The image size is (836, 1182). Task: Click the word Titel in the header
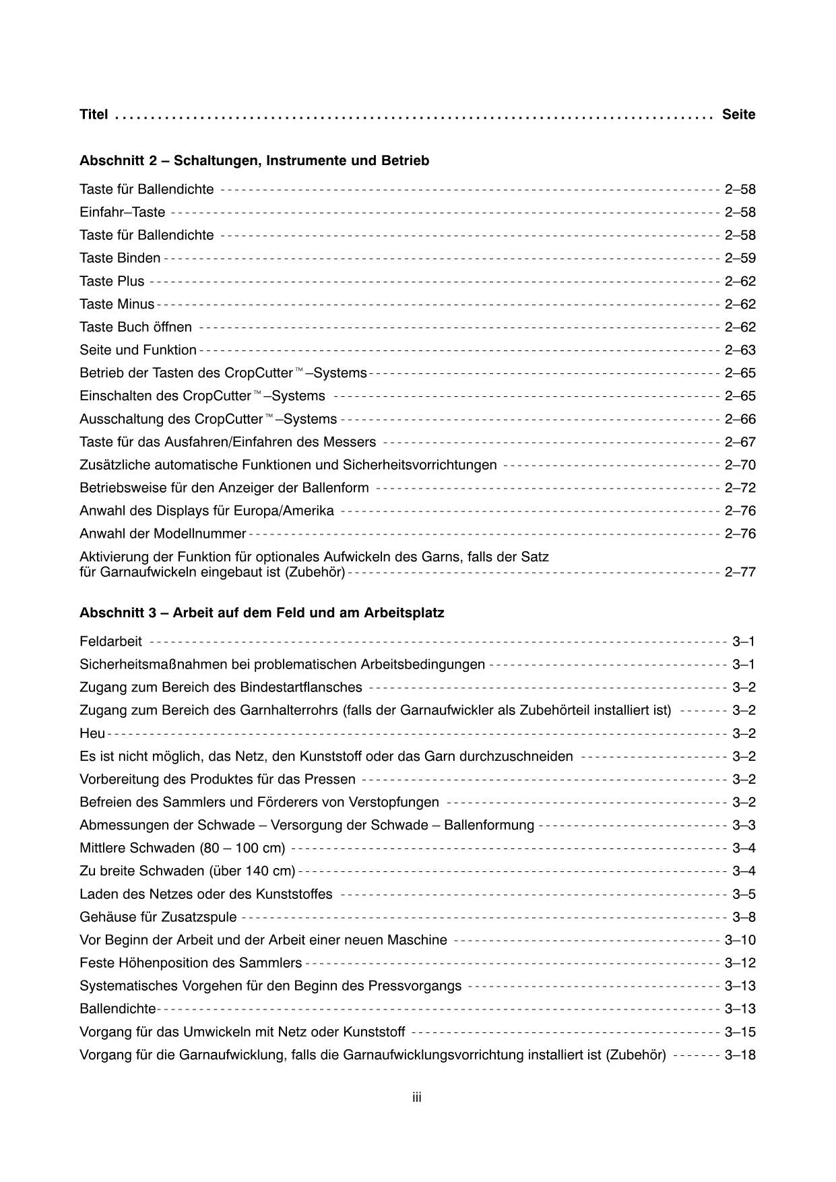(x=94, y=115)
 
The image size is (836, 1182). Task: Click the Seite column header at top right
(x=738, y=115)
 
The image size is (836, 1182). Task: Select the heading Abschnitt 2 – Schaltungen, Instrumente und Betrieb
(x=254, y=161)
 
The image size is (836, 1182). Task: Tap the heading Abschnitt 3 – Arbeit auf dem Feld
(x=261, y=613)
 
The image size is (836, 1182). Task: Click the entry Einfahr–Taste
(x=122, y=213)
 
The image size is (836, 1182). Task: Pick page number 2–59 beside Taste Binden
(x=740, y=259)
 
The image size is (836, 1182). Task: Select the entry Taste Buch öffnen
(x=135, y=328)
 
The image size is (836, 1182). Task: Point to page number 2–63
(x=740, y=350)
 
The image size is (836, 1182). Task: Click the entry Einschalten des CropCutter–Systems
(x=202, y=396)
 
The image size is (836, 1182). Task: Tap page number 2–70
(x=740, y=465)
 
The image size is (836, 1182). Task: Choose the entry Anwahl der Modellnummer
(x=163, y=534)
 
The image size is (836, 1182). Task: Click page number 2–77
(x=740, y=573)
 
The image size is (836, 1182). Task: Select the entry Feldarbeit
(x=110, y=642)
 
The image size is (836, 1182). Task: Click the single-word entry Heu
(x=92, y=734)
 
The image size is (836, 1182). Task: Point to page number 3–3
(x=744, y=826)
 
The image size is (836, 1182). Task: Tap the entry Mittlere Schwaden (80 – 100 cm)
(x=182, y=848)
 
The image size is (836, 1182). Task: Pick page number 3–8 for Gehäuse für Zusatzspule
(x=744, y=917)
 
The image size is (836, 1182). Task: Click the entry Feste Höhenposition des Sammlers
(x=191, y=963)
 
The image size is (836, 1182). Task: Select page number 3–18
(x=740, y=1055)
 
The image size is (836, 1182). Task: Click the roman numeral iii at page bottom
(x=417, y=1098)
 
